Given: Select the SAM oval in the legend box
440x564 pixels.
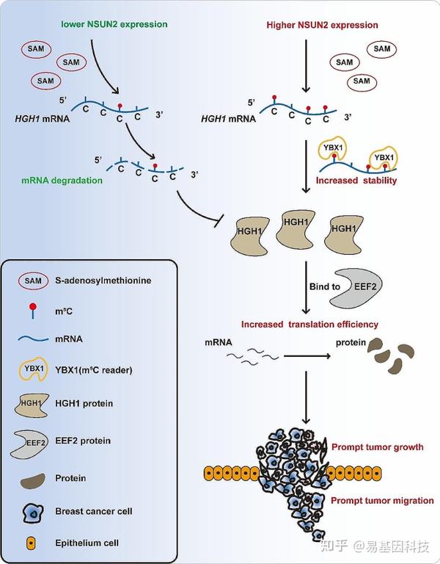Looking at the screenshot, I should click(x=32, y=281).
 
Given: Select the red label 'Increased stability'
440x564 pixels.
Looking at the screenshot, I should click(x=356, y=178).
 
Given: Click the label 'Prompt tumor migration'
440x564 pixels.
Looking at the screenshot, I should click(x=382, y=501).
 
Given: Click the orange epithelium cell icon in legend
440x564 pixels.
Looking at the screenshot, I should click(x=31, y=544).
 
